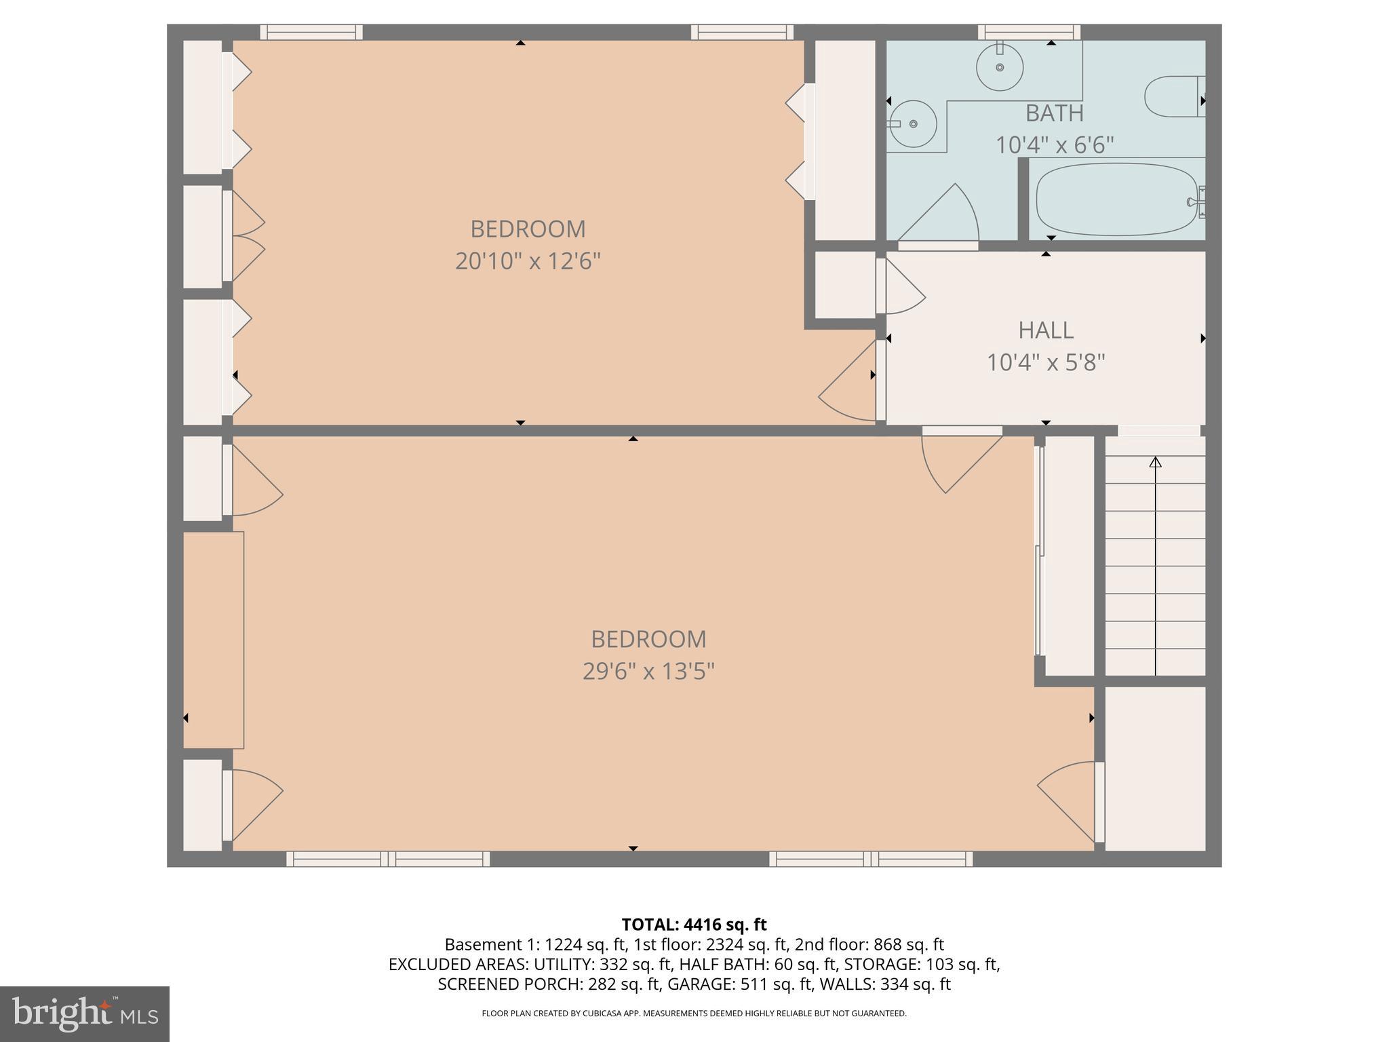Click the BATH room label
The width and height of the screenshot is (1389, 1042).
pos(1054,113)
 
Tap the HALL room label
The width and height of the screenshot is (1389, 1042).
pos(1045,330)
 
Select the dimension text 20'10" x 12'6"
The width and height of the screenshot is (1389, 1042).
pos(528,261)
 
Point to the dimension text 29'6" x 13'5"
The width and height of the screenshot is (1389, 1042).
pos(648,672)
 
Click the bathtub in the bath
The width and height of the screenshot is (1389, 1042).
pos(1116,199)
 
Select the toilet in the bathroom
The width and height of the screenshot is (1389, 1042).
pos(1173,97)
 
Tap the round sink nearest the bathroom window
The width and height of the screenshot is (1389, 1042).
pos(1000,67)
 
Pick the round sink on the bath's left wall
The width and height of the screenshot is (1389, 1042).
pos(913,124)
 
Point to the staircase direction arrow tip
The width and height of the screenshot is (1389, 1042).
pos(1156,461)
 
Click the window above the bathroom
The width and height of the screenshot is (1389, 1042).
pos(1029,32)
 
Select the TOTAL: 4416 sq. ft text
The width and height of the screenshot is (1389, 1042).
pos(694,925)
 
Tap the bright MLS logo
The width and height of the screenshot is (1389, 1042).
pos(85,1014)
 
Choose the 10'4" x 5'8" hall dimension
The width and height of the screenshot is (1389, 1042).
pos(1045,363)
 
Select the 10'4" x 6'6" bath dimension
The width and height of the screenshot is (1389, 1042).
pos(1054,145)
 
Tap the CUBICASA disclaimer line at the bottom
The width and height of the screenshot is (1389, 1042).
pos(694,1014)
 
